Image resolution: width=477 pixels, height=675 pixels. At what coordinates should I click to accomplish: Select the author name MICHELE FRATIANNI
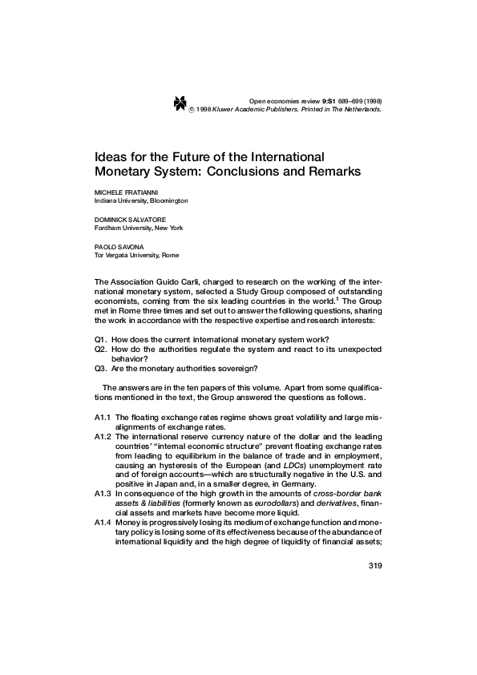(x=126, y=193)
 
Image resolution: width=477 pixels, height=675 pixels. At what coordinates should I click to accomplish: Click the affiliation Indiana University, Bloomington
(x=141, y=201)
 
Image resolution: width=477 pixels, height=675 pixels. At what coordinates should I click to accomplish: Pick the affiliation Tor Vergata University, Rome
(x=136, y=255)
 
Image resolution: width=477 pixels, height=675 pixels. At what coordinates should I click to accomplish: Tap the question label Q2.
(x=101, y=350)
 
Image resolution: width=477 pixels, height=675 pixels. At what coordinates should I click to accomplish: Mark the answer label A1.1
(x=103, y=418)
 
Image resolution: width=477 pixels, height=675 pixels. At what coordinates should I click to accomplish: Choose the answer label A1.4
(x=103, y=523)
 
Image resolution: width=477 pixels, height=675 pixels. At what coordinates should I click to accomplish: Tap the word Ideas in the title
(x=111, y=156)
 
